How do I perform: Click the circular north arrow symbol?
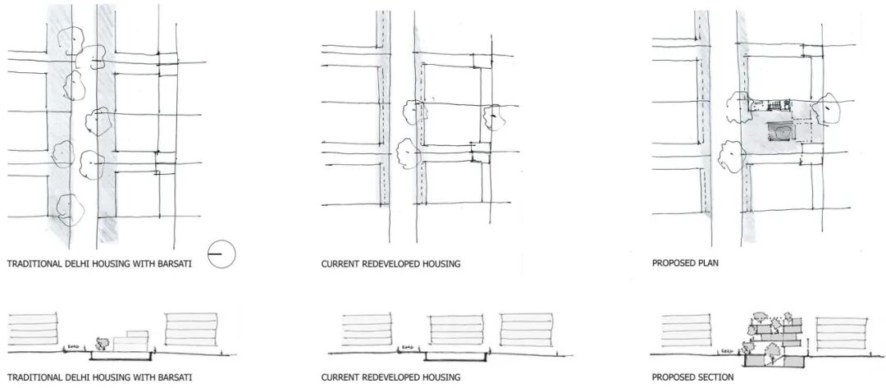(x=221, y=255)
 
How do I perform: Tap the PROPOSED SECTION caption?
(x=692, y=377)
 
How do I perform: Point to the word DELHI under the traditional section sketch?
(x=75, y=377)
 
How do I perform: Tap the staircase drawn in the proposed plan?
(x=774, y=104)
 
